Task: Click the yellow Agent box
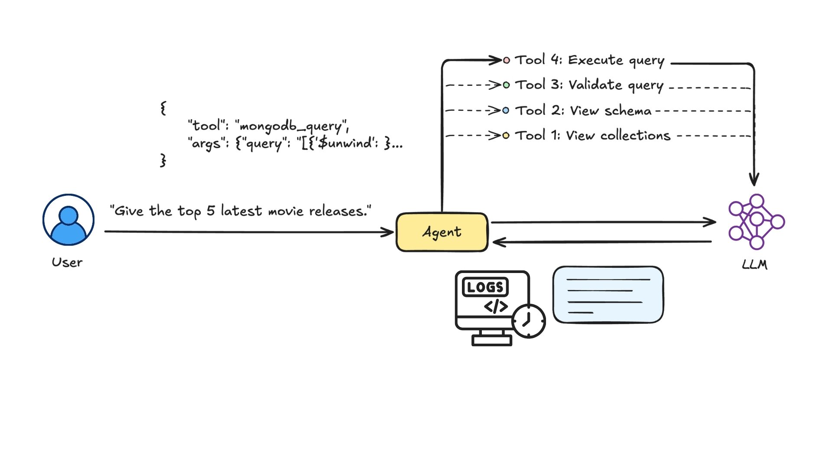442,232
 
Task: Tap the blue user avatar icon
68,220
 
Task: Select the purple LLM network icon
756,221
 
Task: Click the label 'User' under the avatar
67,263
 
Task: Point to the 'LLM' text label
754,264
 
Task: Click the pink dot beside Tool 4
506,60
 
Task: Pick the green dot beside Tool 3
506,85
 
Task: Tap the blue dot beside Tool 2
506,110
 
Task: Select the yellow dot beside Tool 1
506,136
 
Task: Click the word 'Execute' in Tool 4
595,60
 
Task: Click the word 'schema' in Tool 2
628,111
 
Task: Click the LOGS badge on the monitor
485,287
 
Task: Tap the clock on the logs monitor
529,321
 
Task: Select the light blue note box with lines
608,295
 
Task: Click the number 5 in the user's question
211,211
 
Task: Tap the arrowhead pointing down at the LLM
754,179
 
